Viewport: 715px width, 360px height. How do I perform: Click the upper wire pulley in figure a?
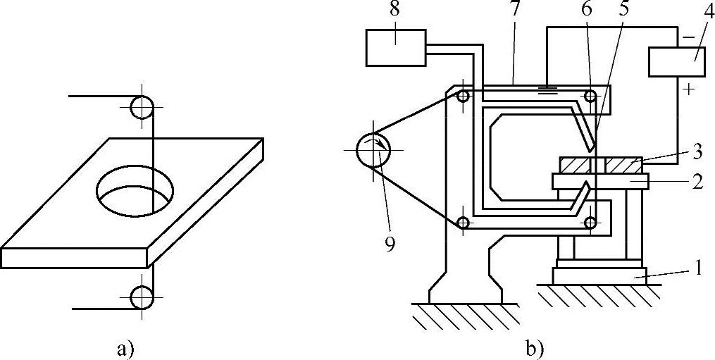tap(142, 107)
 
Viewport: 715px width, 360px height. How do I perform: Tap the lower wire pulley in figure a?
tap(142, 298)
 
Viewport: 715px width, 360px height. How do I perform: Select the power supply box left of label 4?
tap(676, 62)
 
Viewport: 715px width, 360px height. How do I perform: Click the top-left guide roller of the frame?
tap(463, 97)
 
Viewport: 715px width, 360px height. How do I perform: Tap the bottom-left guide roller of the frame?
tap(463, 223)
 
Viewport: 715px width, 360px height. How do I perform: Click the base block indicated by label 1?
tap(598, 275)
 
